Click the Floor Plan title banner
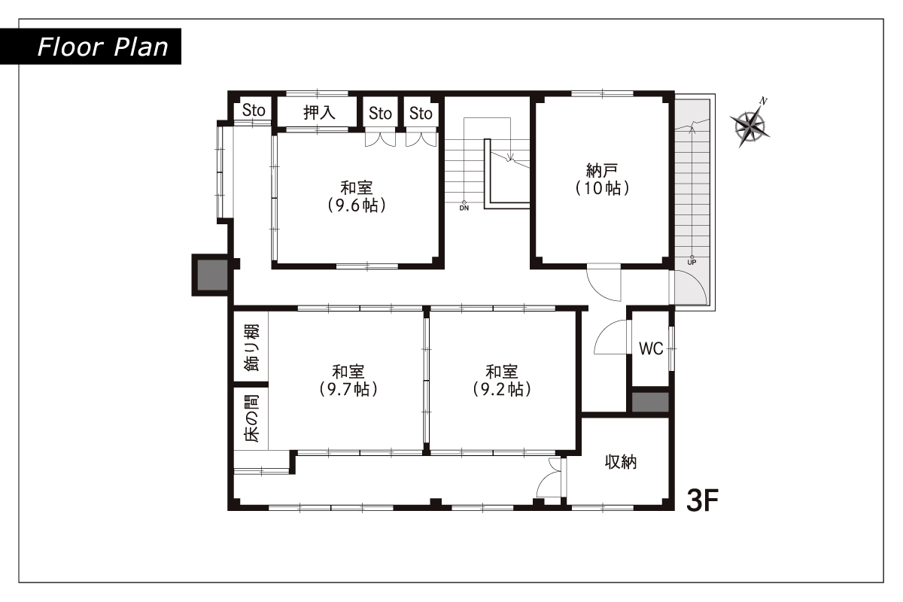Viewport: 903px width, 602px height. [90, 47]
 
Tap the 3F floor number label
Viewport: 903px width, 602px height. [702, 500]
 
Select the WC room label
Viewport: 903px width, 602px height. [651, 348]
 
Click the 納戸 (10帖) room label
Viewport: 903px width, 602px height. [602, 179]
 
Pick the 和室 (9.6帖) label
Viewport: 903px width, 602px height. [357, 196]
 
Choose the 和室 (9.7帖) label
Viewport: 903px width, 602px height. [348, 380]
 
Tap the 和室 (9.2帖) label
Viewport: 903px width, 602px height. [502, 380]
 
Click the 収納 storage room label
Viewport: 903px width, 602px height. [621, 462]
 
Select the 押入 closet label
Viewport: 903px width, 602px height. [319, 112]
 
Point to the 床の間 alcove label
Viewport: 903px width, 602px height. [252, 418]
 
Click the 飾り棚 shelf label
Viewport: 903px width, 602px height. [252, 348]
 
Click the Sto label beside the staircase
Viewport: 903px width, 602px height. [421, 114]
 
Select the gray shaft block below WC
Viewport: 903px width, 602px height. [650, 402]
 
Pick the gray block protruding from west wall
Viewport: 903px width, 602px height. [212, 275]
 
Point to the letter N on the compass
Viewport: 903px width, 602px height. [763, 101]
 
